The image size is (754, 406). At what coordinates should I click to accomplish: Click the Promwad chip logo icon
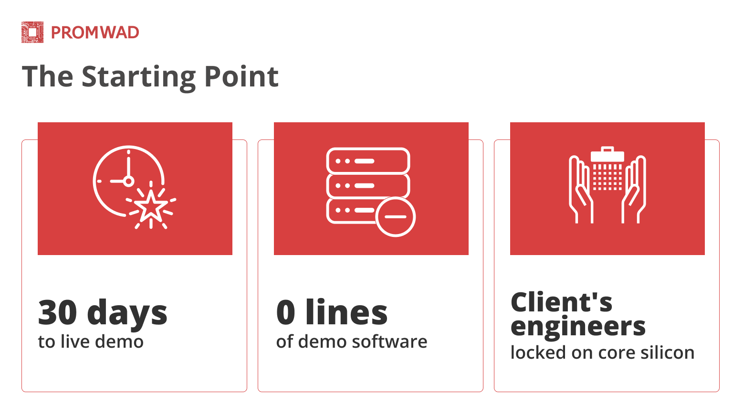[x=32, y=32]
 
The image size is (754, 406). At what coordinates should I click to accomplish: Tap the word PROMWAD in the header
[x=95, y=32]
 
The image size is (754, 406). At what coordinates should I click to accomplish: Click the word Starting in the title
[x=138, y=78]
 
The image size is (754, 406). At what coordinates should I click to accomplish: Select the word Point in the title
[x=241, y=76]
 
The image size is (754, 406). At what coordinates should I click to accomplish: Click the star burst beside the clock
[x=151, y=206]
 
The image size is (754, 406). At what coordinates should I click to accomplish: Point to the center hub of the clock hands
[x=128, y=182]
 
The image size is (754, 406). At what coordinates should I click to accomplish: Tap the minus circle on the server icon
[x=395, y=217]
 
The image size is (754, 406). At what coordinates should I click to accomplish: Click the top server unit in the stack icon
[x=368, y=160]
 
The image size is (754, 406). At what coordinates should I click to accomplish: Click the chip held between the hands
[x=607, y=169]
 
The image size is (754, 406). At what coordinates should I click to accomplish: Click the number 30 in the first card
[x=58, y=313]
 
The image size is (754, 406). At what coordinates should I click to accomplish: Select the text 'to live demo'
[x=91, y=342]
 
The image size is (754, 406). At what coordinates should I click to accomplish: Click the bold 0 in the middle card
[x=286, y=313]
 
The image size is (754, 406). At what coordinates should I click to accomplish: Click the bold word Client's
[x=561, y=302]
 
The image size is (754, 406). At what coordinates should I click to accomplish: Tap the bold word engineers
[x=578, y=327]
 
